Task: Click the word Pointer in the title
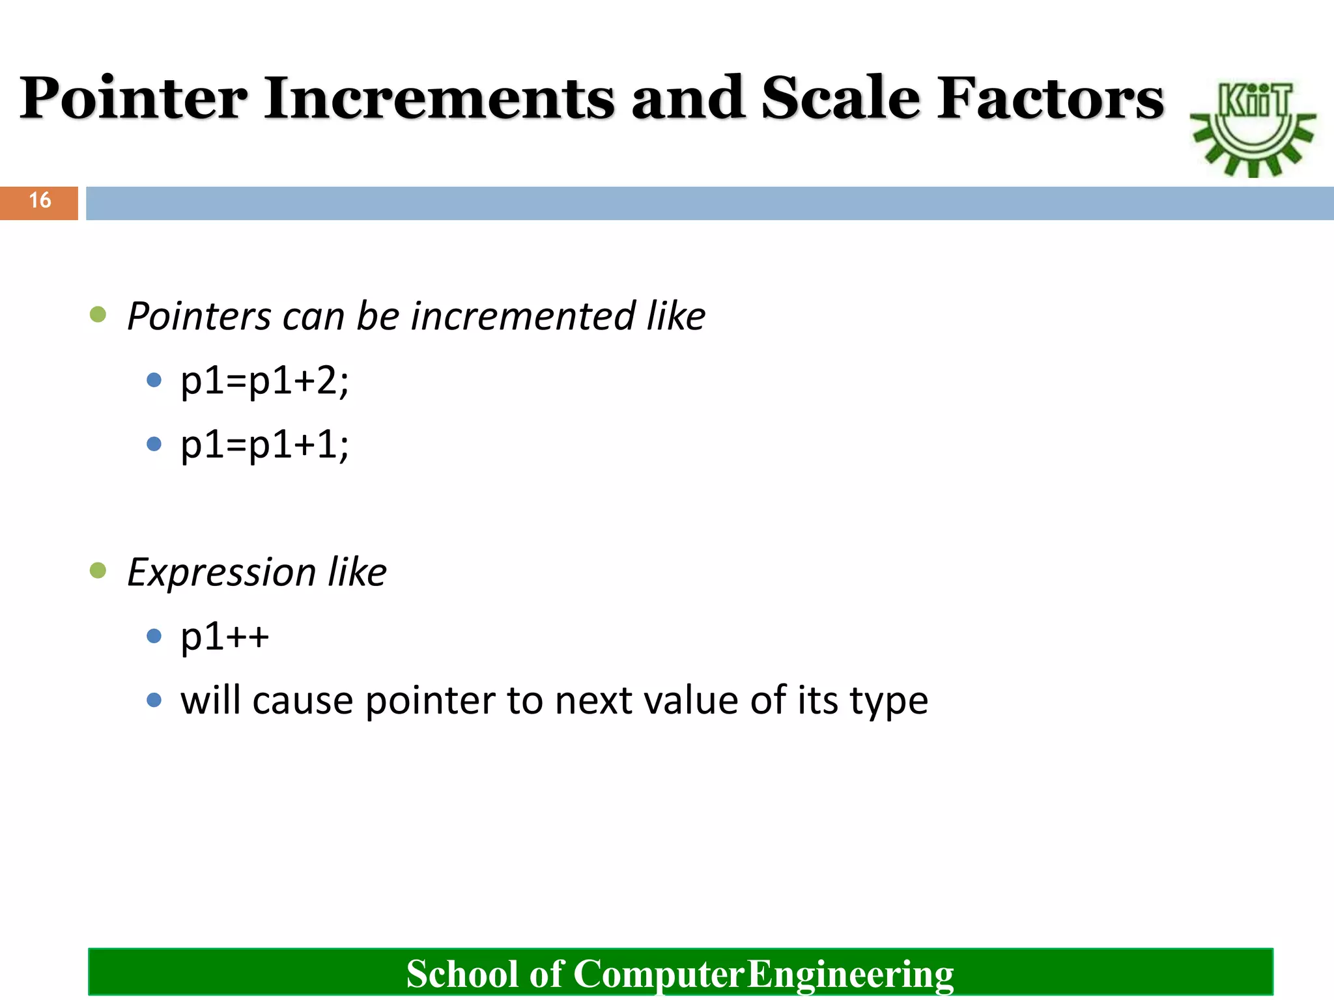(134, 99)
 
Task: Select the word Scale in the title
(841, 99)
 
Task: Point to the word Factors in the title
(1050, 99)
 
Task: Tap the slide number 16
(40, 201)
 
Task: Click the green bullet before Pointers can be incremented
(98, 315)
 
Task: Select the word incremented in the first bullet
(522, 316)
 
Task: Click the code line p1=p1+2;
(264, 381)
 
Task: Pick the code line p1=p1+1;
(264, 445)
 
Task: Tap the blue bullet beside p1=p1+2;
(154, 380)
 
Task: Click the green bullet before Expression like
(98, 571)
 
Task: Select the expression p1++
(225, 636)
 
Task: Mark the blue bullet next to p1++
(154, 636)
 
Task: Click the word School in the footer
(462, 974)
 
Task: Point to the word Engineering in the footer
(849, 974)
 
